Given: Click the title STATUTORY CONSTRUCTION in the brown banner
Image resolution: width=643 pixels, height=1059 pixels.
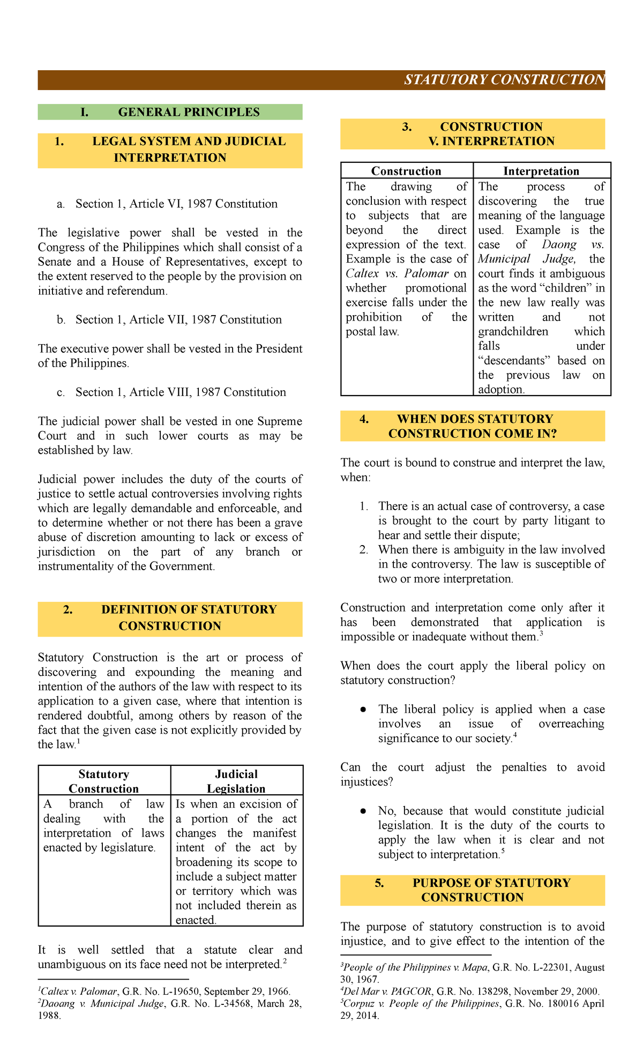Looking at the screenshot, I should coord(504,80).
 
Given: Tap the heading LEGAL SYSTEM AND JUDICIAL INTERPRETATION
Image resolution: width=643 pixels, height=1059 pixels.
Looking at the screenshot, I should coord(170,150).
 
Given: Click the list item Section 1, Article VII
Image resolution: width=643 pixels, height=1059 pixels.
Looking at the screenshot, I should coord(178,319).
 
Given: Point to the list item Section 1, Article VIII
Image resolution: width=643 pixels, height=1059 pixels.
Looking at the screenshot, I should coord(180,392).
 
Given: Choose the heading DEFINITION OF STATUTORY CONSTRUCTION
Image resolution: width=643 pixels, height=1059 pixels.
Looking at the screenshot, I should coord(170,617).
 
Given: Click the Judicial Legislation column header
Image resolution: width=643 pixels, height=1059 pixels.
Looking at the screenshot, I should coord(236,781).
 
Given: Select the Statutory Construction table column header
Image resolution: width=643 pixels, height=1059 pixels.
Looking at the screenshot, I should coord(103,781).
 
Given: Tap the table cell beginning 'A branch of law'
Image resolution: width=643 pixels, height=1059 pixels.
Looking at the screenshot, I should coord(103,825).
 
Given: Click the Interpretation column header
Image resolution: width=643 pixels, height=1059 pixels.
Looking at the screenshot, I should coord(541,171).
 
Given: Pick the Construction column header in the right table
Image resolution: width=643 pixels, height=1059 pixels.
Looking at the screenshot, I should coord(406,171).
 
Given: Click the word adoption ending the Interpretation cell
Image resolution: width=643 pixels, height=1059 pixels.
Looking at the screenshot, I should coord(500,390).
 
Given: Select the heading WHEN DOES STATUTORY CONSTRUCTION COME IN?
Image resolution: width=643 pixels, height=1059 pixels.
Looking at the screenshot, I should coord(473,426).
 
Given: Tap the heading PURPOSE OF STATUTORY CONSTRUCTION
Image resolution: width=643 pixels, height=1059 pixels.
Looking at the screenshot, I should coord(473,890).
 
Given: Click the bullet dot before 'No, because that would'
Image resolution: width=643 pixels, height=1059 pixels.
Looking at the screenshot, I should coord(363,811).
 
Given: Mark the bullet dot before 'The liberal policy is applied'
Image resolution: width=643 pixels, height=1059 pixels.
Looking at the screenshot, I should coord(363,710).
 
